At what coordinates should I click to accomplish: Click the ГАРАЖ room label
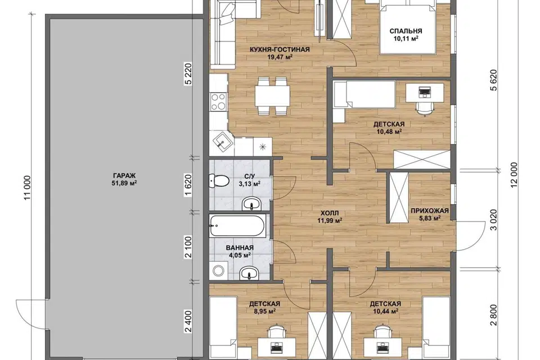pos(124,175)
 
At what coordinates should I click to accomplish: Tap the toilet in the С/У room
pos(219,181)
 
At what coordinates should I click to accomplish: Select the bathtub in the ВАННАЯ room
pos(237,226)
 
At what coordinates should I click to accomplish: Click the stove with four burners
pos(218,102)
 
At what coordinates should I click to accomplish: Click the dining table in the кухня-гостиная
pos(272,96)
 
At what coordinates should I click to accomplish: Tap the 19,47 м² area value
pos(280,57)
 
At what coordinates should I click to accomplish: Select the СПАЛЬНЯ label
pos(406,31)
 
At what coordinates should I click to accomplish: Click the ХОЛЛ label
pos(329,213)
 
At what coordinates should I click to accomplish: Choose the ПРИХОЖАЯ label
pos(429,211)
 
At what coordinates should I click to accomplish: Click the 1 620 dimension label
pos(188,185)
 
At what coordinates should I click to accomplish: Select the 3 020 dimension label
pos(493,220)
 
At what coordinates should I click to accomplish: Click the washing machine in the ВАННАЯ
pos(218,270)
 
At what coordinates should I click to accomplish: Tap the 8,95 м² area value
pos(264,312)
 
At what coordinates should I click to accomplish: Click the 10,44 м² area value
pos(385,312)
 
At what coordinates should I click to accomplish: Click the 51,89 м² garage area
pos(124,183)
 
